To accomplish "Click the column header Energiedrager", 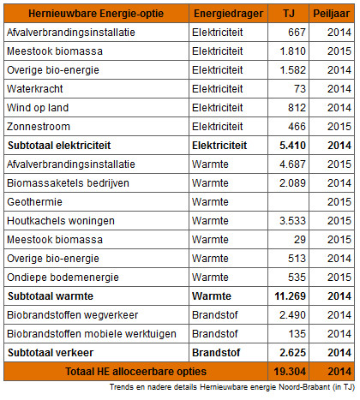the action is click(x=228, y=14).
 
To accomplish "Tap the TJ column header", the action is click(x=289, y=14).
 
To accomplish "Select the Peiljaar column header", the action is click(x=332, y=14).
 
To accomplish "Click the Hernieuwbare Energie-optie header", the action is click(x=96, y=14).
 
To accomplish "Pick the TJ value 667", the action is click(x=297, y=33).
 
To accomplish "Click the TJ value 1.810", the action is click(x=293, y=51).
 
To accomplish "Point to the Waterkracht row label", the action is click(x=35, y=89).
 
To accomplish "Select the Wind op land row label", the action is click(x=38, y=108).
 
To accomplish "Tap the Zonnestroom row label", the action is click(x=39, y=127).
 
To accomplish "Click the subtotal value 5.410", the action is click(x=292, y=146).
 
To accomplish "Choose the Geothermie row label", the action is click(x=34, y=202).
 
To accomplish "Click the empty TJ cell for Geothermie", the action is click(x=288, y=202).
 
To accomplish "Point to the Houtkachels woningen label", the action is click(x=61, y=221).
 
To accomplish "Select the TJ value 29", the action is click(x=300, y=240).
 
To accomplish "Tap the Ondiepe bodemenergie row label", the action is click(x=63, y=278).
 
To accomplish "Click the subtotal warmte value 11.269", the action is click(x=291, y=296).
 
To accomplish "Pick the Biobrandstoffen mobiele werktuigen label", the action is click(x=92, y=334).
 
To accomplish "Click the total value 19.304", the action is click(x=290, y=372).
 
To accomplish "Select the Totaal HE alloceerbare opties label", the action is click(x=135, y=372).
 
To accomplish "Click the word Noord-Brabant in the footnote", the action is click(x=304, y=387).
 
